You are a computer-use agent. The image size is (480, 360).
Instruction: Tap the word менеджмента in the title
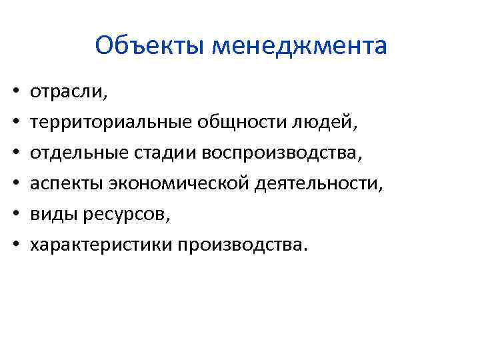pos(299,47)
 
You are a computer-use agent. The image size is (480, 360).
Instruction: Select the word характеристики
pos(101,245)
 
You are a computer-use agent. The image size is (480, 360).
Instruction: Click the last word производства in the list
pos(243,245)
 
